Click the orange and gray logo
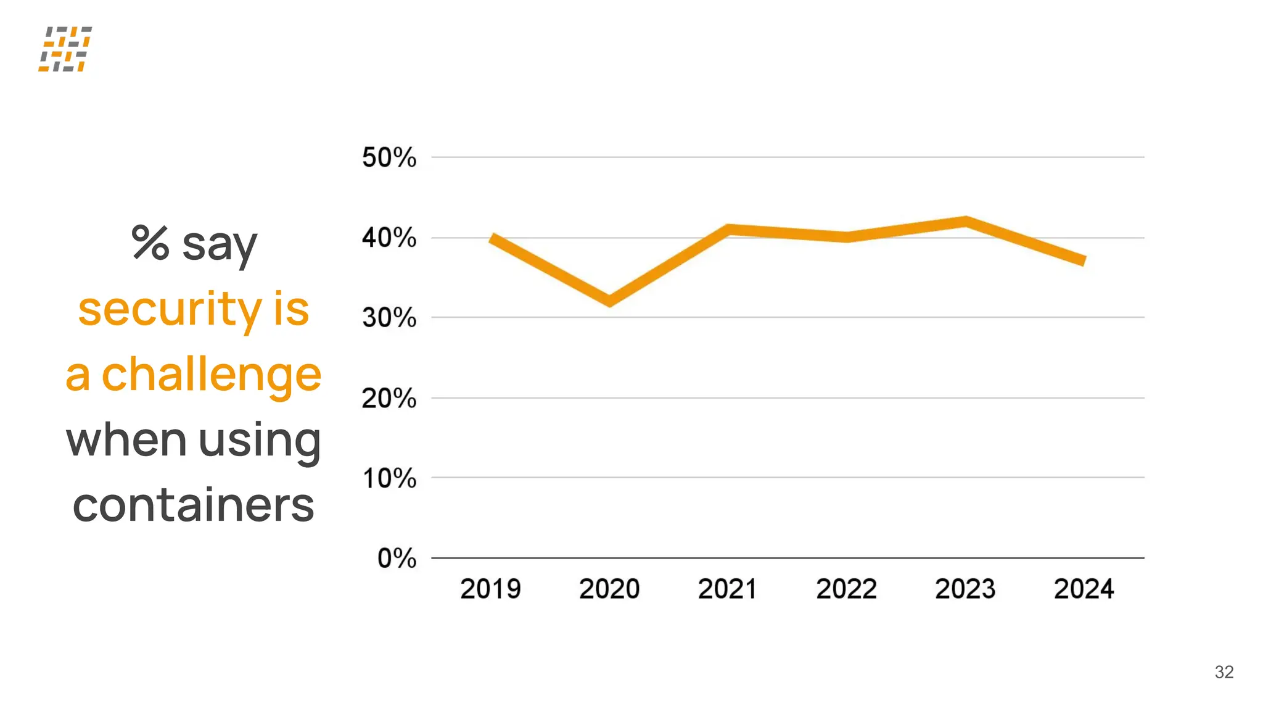(x=65, y=49)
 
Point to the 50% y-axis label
(x=389, y=157)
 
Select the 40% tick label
(x=389, y=238)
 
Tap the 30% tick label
(x=389, y=318)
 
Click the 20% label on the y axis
(x=389, y=398)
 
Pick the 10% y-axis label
(x=389, y=478)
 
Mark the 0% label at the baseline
(x=397, y=559)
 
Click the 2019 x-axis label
(x=490, y=589)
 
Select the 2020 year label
(x=609, y=589)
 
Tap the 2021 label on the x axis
(x=728, y=589)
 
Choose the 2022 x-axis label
(x=846, y=589)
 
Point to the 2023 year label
(x=965, y=589)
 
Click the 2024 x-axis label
(x=1084, y=589)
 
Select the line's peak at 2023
(x=965, y=222)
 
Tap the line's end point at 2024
(x=1083, y=260)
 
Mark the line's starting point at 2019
(x=492, y=238)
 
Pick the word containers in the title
(x=193, y=505)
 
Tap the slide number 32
(x=1224, y=672)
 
